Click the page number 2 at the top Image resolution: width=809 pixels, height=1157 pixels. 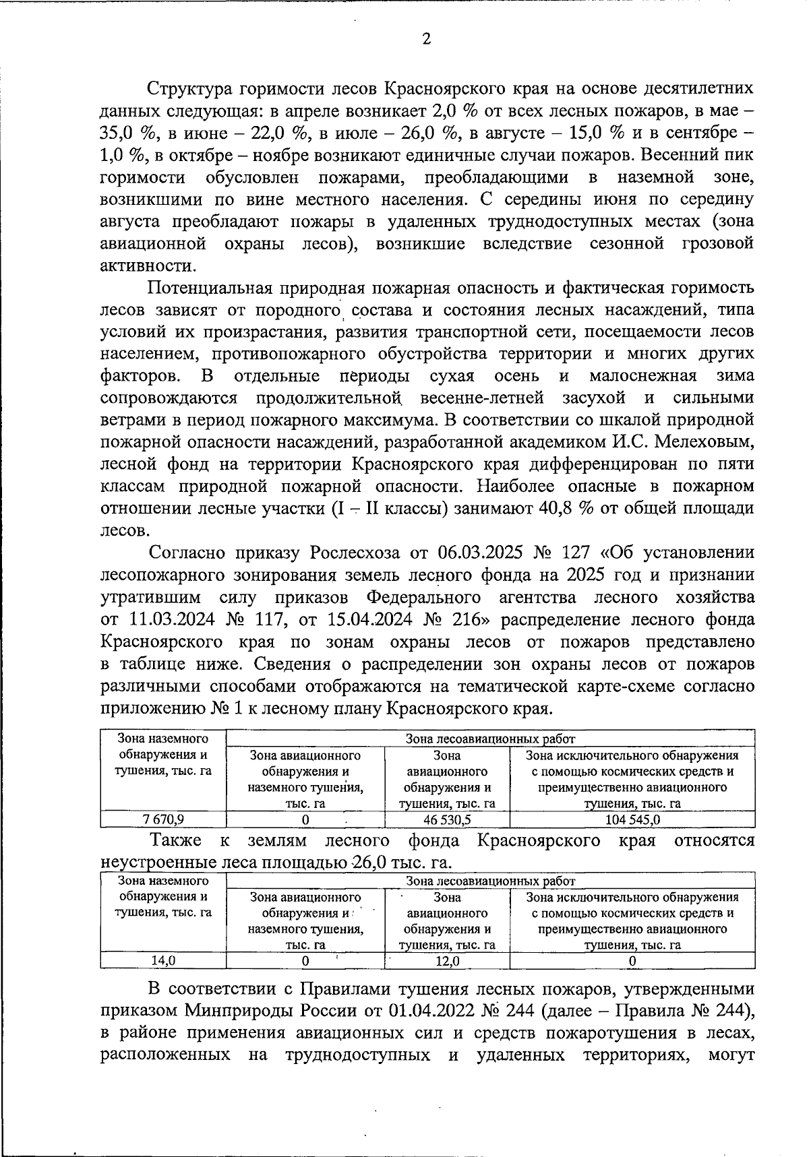425,39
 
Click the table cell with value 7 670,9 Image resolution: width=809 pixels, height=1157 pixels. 163,819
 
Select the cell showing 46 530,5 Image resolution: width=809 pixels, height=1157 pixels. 446,819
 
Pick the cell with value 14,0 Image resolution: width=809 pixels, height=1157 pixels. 163,961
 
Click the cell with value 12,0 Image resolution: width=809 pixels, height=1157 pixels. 446,961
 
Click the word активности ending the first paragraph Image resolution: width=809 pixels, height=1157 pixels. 144,265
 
